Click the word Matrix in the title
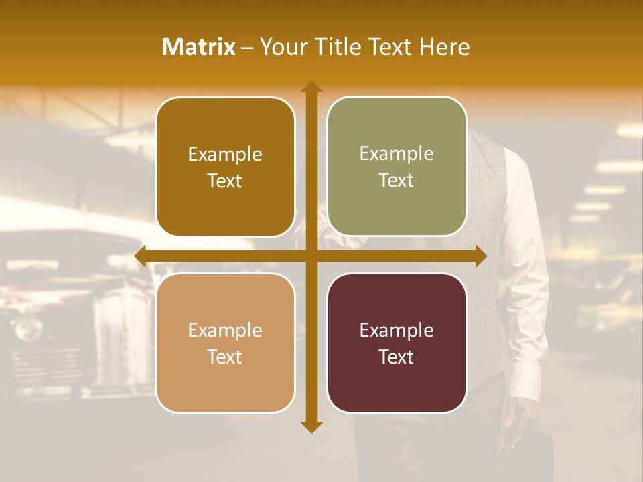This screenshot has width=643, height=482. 198,47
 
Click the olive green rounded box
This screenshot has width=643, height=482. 397,167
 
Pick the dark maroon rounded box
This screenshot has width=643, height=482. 397,343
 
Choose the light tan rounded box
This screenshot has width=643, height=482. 225,343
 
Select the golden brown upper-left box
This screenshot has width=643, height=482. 225,167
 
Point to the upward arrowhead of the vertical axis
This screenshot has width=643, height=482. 311,87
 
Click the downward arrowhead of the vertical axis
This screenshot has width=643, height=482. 311,426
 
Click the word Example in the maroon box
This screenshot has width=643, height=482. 397,330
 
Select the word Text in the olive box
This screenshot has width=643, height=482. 397,181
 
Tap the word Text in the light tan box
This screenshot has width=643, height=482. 225,357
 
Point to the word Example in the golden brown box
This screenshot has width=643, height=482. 225,154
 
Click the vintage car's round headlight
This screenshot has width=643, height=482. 28,328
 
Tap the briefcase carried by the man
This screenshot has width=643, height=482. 529,455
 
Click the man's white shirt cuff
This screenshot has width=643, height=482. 525,382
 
